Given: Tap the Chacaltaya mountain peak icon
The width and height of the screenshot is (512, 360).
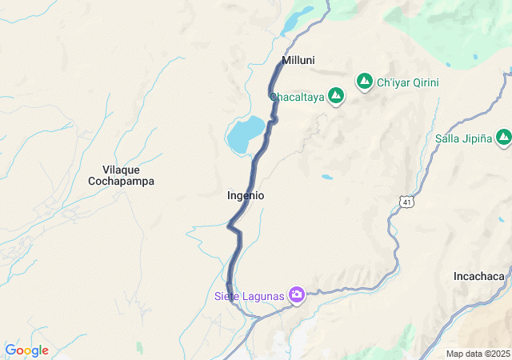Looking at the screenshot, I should pos(336,97).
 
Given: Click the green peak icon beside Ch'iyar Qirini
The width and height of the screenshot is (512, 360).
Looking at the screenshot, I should pos(364,82).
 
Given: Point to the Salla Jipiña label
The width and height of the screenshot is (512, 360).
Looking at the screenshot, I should pos(462,138).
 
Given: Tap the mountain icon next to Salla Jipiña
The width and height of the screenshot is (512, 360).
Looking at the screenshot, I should pos(502,138).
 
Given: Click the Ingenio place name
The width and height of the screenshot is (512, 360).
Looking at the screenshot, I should pos(246,195).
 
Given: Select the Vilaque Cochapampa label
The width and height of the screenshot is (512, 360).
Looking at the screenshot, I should pos(121,175).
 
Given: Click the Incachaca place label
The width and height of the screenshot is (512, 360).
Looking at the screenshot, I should pos(478,276).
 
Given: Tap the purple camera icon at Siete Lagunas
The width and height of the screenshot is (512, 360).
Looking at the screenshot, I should pos(297,296).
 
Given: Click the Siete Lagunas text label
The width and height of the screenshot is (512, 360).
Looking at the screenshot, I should pos(249,297).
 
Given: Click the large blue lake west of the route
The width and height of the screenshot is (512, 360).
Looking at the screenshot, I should pos(245,134).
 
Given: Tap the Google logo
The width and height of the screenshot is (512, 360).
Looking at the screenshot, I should pos(26,350).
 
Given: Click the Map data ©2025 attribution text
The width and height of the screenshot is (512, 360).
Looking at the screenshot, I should pos(477,354).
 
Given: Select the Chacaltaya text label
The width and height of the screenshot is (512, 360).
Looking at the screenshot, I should pos(296,97).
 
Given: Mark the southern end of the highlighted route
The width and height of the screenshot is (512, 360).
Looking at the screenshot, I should pos(230,294).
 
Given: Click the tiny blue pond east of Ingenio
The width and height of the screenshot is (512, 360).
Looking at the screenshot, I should pos(326,177).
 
